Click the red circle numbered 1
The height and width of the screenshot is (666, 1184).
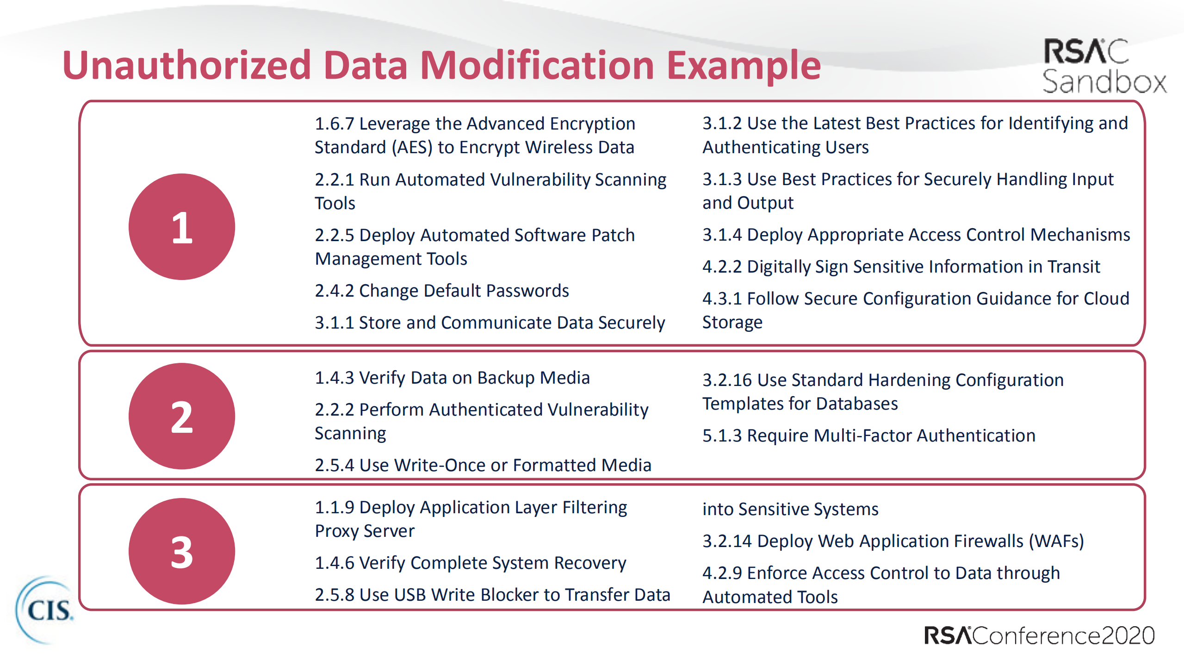182,227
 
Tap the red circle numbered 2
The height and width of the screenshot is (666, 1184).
182,416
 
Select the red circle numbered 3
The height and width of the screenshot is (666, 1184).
182,551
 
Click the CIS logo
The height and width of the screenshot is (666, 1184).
45,610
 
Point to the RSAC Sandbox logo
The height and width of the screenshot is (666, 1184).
1104,66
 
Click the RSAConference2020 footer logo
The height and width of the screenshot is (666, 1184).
1039,635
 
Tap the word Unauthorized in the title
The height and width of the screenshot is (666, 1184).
186,65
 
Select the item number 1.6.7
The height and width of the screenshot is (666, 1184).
335,124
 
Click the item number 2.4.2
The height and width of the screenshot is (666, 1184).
335,291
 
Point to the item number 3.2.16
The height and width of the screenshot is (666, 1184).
727,380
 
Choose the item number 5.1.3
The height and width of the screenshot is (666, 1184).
722,436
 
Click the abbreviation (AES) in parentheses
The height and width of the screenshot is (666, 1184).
412,148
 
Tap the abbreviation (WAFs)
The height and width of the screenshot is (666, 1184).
1056,542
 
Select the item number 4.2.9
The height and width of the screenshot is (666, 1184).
722,573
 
